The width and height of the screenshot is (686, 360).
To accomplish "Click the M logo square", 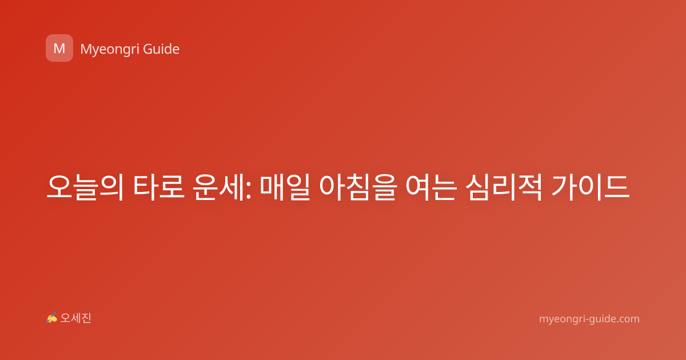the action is (x=59, y=48).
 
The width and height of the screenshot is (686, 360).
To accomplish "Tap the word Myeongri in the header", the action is (x=110, y=50).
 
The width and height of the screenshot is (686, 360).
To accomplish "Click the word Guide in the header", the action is (x=161, y=49).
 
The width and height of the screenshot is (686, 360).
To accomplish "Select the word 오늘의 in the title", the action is (x=85, y=187).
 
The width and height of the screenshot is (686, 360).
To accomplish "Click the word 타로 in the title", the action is (x=159, y=187).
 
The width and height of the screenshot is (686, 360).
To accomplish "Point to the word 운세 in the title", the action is (x=218, y=187).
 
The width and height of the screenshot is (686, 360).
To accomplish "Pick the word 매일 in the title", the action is (x=285, y=187).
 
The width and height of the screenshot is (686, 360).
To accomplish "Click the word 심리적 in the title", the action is (x=504, y=187).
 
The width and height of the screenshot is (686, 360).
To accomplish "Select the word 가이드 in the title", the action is (x=591, y=187).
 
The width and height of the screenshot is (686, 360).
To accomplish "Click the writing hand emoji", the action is (x=51, y=318).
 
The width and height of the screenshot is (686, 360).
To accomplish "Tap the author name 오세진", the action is (x=75, y=318).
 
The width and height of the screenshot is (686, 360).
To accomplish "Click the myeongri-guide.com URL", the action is (x=589, y=319).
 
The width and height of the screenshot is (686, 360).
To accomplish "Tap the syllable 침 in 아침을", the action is (x=358, y=187).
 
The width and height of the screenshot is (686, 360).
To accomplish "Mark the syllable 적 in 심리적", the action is (x=529, y=187).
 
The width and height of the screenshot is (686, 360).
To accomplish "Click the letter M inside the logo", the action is (x=59, y=49).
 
